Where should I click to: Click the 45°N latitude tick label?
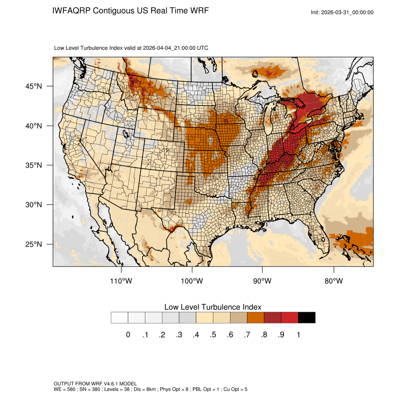tap(34, 86)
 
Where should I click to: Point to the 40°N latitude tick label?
tap(34, 126)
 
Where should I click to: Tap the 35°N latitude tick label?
tap(34, 165)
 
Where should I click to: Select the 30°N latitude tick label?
tap(34, 205)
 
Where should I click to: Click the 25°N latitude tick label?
tap(34, 244)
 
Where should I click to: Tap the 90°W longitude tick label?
tap(263, 281)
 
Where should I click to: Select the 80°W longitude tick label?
tap(334, 281)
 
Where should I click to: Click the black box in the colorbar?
tap(307, 317)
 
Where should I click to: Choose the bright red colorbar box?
tap(290, 317)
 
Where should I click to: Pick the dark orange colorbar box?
tap(255, 317)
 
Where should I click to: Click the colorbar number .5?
tap(213, 335)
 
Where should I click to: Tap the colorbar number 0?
tap(128, 335)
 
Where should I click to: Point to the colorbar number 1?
tap(298, 335)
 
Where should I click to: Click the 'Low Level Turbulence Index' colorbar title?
tap(213, 307)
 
